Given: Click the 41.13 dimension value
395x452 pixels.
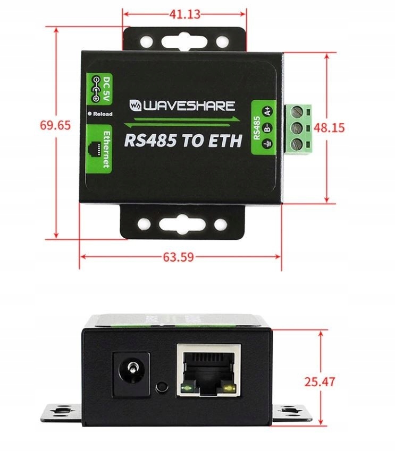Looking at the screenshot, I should (184, 14).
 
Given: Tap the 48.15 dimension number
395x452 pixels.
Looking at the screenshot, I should (330, 127).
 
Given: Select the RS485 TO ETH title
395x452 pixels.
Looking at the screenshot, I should (183, 141).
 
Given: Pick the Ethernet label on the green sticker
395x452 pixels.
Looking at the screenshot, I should (106, 149).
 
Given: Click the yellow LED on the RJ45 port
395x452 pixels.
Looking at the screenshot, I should (229, 392).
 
